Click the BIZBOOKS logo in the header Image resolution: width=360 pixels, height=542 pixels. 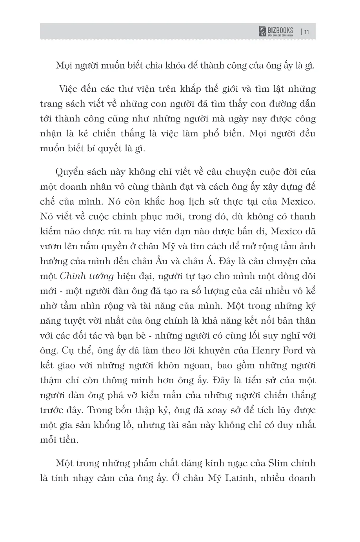coord(276,32)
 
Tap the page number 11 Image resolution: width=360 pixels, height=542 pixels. coord(307,32)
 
